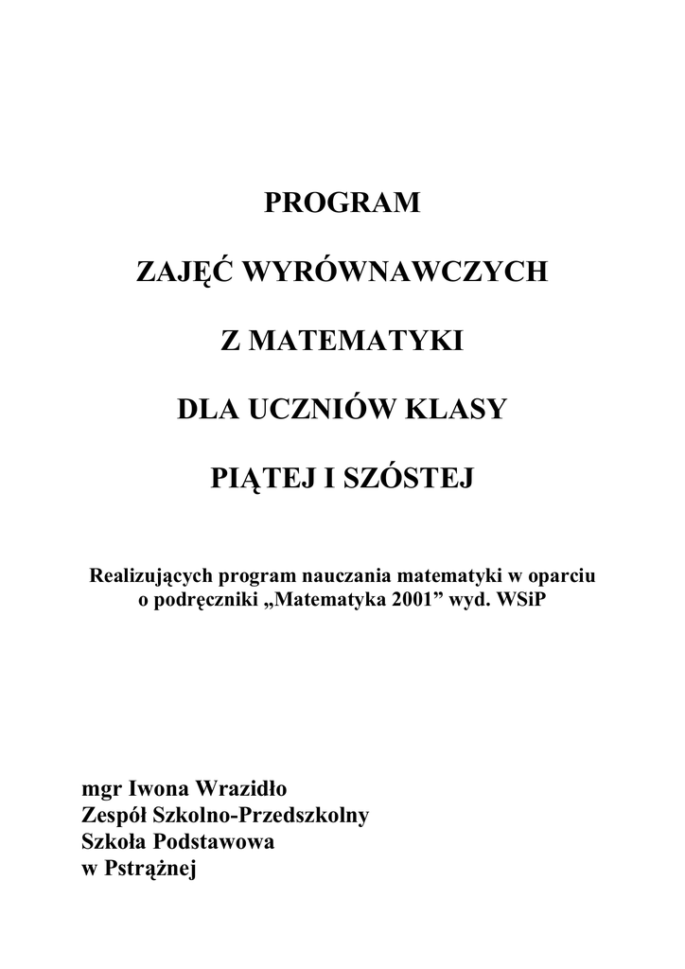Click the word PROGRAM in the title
pos(342,203)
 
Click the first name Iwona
pos(157,787)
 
